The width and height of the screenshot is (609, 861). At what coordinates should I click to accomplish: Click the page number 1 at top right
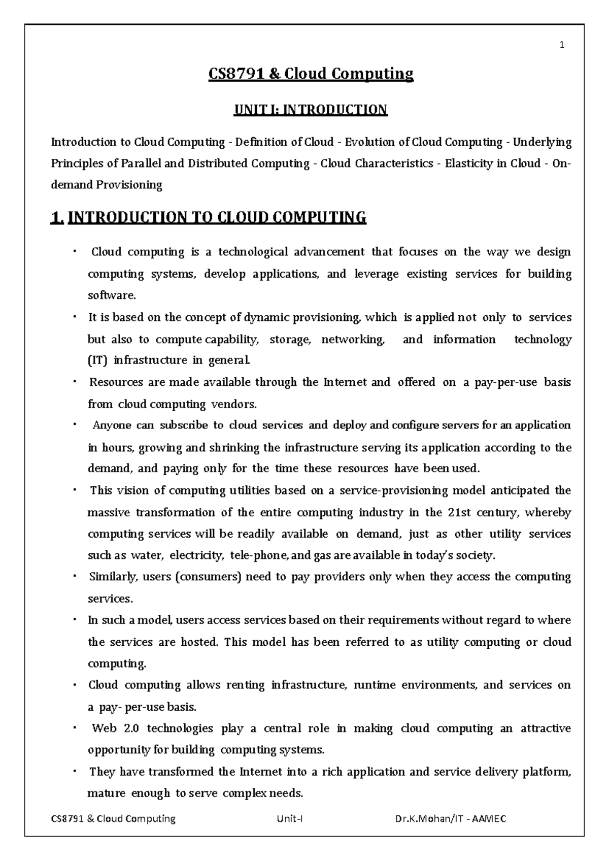562,46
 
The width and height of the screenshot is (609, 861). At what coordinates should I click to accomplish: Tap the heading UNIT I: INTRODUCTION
310,110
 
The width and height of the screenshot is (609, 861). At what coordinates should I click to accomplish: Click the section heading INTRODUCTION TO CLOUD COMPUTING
217,218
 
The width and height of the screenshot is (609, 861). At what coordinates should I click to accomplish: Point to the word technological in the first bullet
253,252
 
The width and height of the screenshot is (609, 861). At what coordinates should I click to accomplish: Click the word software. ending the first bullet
105,295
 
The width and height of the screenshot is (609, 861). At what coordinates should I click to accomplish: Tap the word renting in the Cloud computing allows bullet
245,685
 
